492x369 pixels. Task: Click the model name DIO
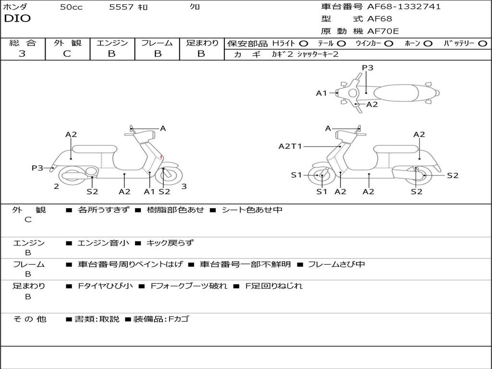point(17,19)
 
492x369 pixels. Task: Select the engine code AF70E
point(383,31)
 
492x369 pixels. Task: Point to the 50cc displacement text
point(71,7)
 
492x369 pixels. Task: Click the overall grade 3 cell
point(22,54)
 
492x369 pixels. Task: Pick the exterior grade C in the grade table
point(67,54)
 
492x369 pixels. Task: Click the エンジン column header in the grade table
point(112,43)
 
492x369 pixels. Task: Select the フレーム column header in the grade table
point(157,43)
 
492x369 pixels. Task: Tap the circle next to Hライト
point(304,43)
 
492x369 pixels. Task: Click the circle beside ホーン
point(428,43)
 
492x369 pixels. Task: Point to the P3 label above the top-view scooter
point(368,68)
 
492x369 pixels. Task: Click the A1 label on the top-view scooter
point(321,93)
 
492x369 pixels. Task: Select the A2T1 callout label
point(290,146)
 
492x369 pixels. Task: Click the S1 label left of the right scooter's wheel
point(296,175)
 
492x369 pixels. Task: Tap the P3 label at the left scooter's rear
point(37,168)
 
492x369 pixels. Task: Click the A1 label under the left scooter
point(149,192)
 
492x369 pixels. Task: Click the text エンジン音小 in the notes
point(103,243)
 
